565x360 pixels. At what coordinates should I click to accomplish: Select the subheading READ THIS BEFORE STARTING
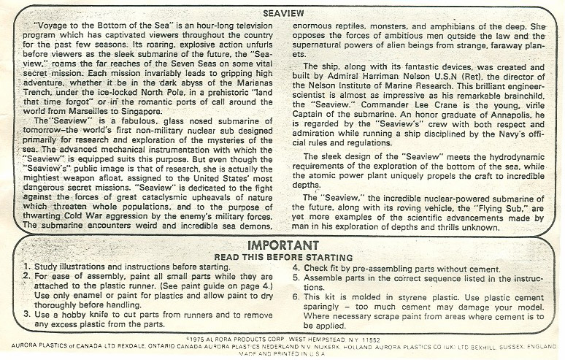[x=282, y=258]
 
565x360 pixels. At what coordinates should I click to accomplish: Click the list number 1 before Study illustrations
[x=26, y=267]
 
